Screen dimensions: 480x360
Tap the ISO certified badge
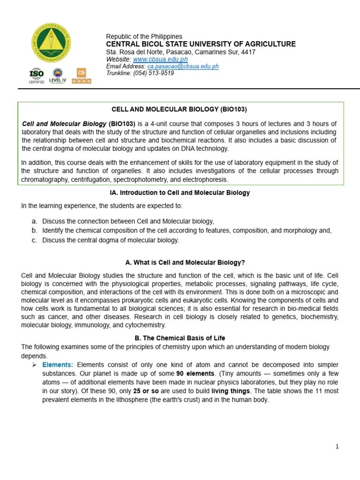tap(37, 75)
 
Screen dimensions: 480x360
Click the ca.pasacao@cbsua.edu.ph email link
tap(183, 67)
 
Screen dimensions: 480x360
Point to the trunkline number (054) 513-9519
tap(153, 73)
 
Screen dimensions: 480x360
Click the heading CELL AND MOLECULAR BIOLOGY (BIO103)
tap(179, 109)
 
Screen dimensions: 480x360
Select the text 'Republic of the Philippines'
tap(144, 37)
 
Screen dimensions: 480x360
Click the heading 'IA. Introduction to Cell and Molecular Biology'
tap(179, 193)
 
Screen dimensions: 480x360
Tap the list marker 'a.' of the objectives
tap(34, 221)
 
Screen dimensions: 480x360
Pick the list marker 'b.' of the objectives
tap(34, 230)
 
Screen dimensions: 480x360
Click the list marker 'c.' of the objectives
tap(34, 240)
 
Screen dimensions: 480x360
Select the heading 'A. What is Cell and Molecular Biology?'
tap(179, 262)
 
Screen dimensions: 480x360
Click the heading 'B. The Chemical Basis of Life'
tap(179, 338)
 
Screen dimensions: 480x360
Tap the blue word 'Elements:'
tap(58, 365)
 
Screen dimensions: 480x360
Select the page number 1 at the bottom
tap(337, 447)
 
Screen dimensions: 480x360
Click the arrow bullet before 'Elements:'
tap(34, 365)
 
